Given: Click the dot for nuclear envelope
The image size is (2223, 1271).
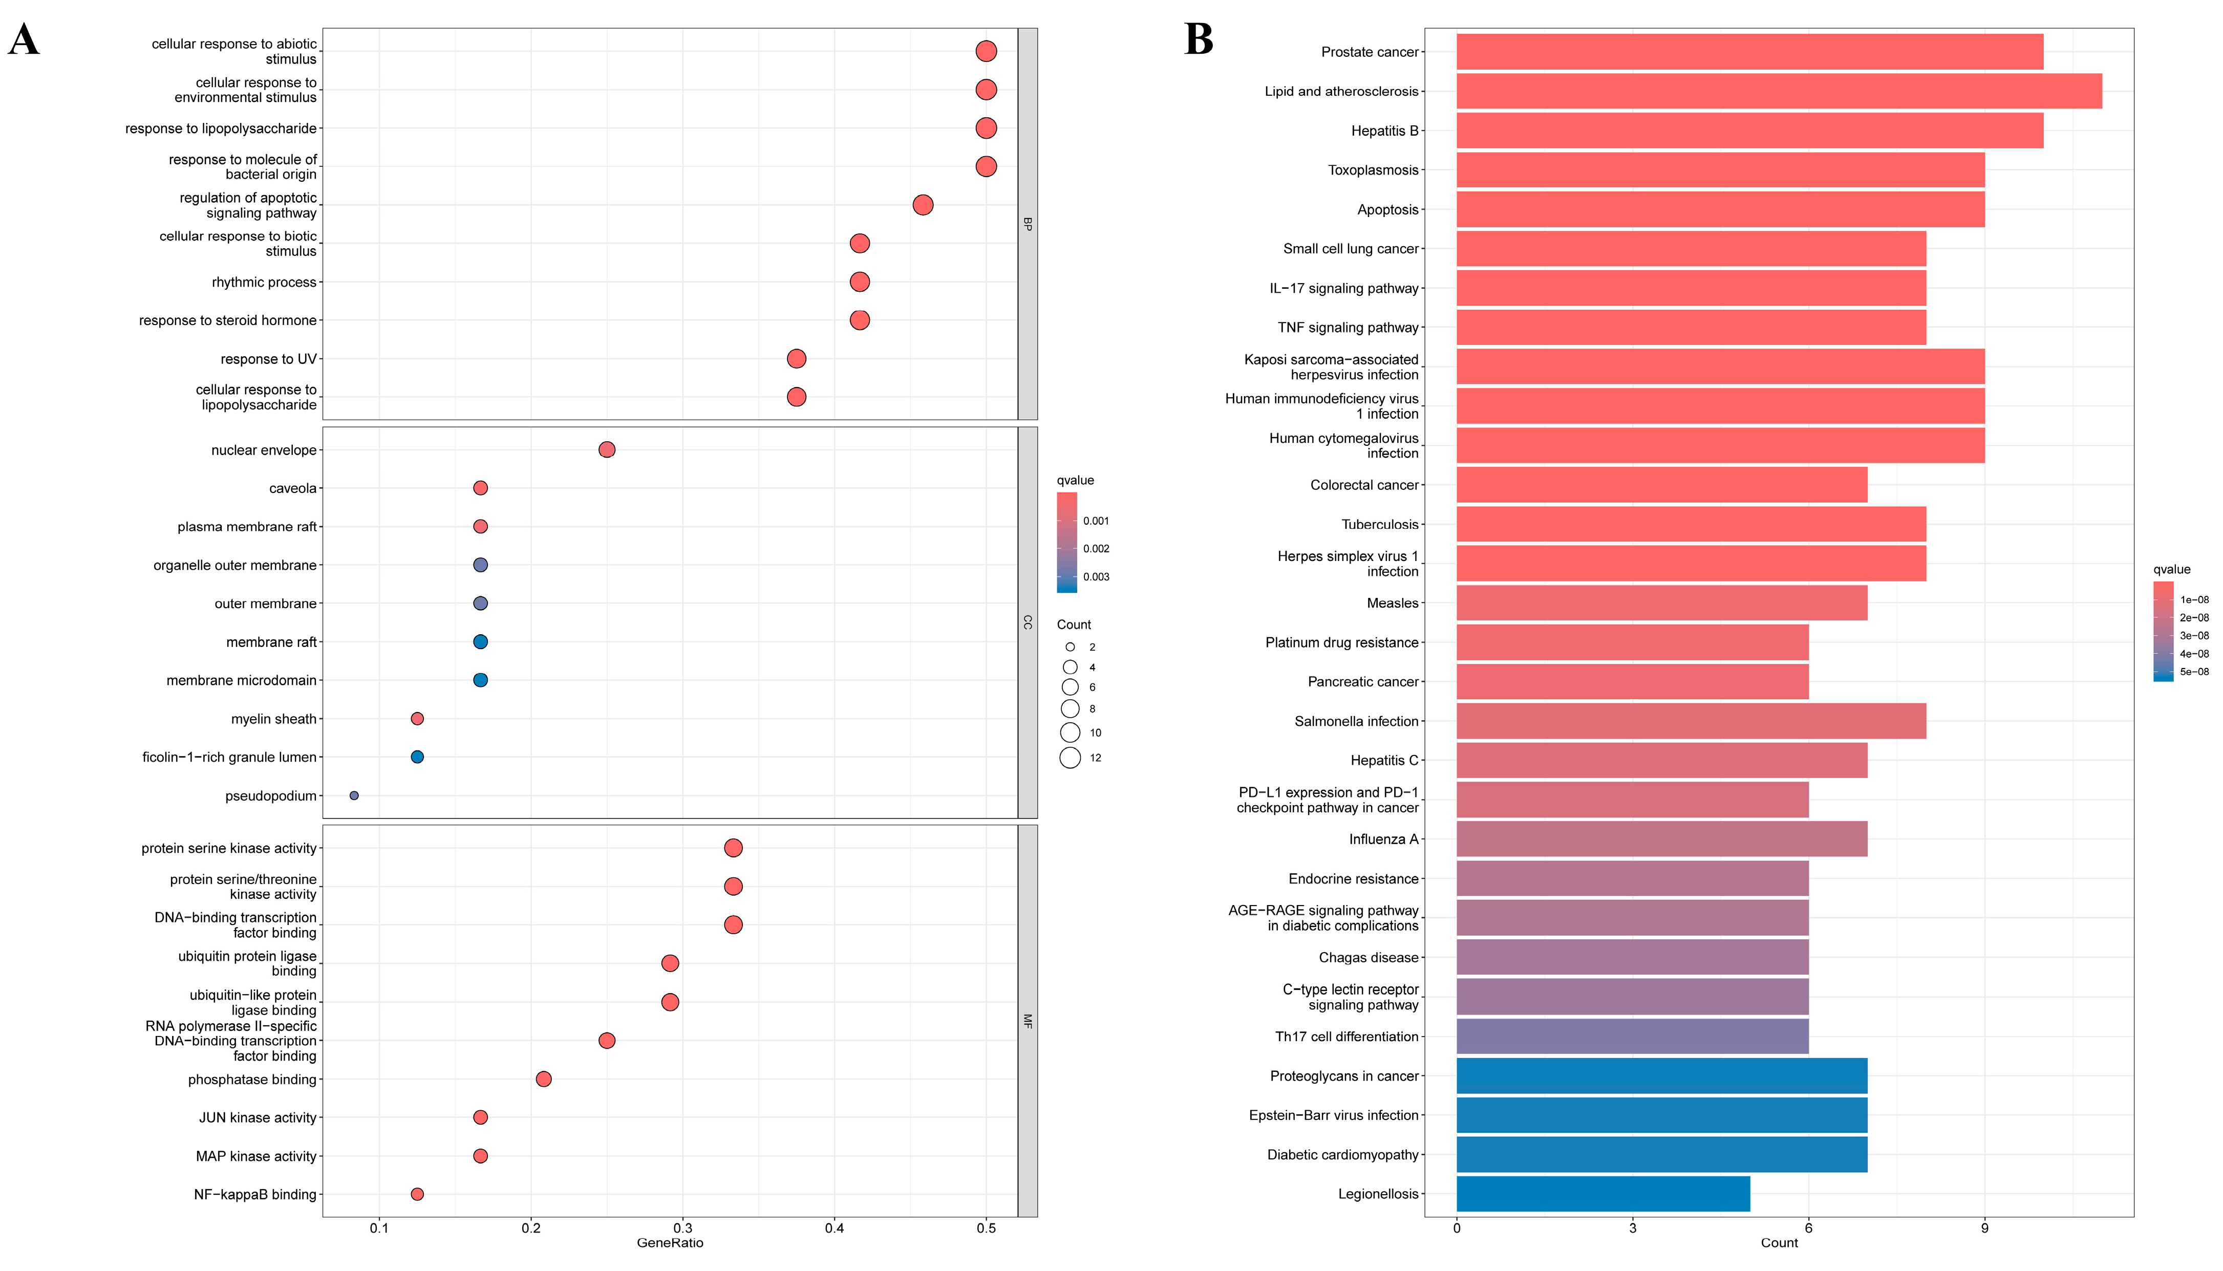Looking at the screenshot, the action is point(607,449).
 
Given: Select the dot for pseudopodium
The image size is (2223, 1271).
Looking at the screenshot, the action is point(354,795).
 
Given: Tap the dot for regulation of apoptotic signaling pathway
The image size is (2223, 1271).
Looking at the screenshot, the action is point(923,205).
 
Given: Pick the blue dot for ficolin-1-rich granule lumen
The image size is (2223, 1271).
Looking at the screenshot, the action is point(417,757).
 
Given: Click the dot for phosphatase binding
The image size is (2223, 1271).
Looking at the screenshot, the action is point(543,1079).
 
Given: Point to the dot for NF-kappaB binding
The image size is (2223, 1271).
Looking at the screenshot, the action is point(417,1194).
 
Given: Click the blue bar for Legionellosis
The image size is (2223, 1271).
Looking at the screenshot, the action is point(1603,1193).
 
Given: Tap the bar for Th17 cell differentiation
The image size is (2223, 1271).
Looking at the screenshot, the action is point(1633,1036).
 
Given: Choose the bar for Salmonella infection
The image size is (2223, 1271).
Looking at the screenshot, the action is point(1691,721).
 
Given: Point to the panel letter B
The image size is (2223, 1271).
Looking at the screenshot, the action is point(1199,39).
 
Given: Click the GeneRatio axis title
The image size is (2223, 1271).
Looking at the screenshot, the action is point(670,1243).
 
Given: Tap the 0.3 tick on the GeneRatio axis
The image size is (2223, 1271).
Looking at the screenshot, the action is point(683,1228).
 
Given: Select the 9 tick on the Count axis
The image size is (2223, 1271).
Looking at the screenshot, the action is point(1984,1228).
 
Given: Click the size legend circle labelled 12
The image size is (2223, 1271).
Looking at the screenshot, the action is point(1071,758).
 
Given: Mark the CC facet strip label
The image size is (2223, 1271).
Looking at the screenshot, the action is point(1028,622).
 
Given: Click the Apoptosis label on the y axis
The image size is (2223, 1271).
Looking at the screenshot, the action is point(1387,209).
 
